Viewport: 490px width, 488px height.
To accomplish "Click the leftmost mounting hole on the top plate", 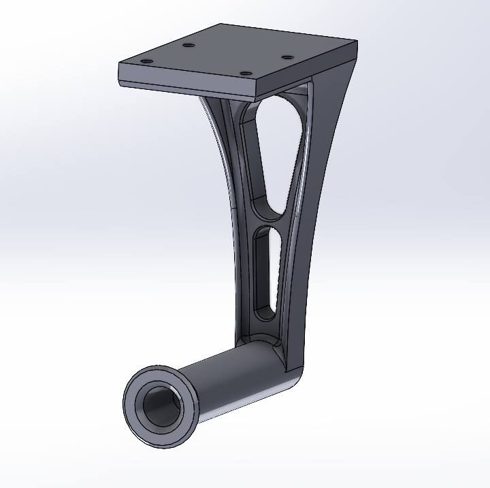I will (x=144, y=61).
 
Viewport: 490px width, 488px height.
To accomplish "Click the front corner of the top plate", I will (x=256, y=82).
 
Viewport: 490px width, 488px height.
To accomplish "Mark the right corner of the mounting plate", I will (x=357, y=43).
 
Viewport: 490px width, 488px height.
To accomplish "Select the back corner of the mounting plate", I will (x=220, y=25).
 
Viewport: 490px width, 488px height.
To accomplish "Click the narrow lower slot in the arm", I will (x=263, y=272).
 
